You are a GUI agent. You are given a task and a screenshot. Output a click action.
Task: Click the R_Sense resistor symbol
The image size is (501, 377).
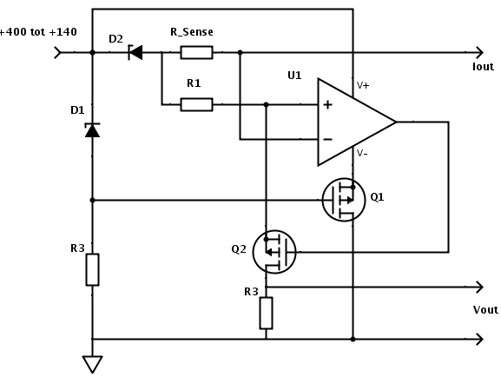pos(196,52)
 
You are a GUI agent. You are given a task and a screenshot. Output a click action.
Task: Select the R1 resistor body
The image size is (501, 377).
pos(196,104)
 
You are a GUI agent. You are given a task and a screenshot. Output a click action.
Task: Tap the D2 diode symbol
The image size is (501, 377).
pos(135,52)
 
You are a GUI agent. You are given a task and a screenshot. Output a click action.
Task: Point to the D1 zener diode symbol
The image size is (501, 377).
pos(92,130)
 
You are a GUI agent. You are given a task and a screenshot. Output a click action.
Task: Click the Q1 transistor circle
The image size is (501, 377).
pos(344,200)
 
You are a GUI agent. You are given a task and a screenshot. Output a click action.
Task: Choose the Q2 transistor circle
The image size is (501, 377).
pos(274,252)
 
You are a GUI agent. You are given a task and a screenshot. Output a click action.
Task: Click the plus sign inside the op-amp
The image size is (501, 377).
pos(327,104)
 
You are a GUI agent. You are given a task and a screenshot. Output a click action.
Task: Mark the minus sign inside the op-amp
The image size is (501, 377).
pos(328,139)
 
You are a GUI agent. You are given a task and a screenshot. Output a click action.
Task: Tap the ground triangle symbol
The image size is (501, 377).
pos(92,364)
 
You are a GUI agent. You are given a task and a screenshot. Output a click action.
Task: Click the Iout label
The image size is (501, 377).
pos(483,67)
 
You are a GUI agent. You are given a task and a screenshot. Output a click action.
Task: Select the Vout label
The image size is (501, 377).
pos(485,309)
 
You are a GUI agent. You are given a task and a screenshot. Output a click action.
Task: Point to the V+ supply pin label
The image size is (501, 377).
pos(363,85)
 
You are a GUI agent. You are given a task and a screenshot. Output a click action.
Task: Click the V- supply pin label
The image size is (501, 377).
pos(362,153)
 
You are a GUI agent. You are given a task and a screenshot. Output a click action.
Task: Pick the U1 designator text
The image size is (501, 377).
pos(294,76)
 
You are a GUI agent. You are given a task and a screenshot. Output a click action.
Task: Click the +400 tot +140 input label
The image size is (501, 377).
pos(37,32)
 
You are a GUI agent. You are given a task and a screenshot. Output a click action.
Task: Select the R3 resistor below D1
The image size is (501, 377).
pos(92,269)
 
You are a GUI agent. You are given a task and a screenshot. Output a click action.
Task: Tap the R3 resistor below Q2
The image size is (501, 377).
pos(266,313)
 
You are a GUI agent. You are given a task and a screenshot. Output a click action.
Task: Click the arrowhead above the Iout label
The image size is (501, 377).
pos(479,52)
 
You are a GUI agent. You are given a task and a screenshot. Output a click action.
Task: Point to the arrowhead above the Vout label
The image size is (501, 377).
pos(479,287)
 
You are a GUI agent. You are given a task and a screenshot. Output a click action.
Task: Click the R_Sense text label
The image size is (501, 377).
pos(192,32)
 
